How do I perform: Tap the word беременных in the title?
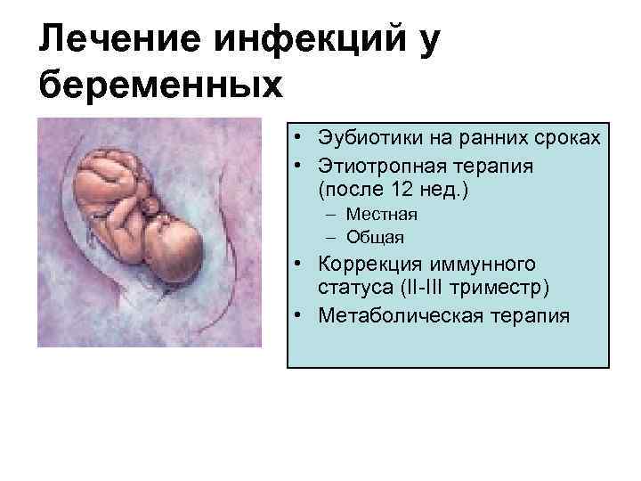161,86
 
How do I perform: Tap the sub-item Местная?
382,215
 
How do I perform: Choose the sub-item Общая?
376,237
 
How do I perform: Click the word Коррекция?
366,265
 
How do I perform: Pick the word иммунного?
483,265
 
